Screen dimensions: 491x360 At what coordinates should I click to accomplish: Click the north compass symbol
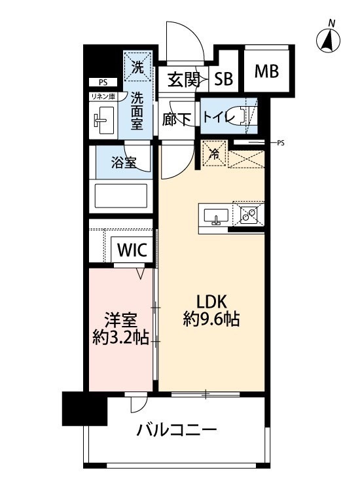pyautogui.click(x=329, y=41)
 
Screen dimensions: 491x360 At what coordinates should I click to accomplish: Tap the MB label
pyautogui.click(x=266, y=71)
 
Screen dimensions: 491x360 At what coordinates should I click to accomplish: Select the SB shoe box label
pyautogui.click(x=224, y=80)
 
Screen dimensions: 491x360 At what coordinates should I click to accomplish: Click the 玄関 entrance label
pyautogui.click(x=183, y=80)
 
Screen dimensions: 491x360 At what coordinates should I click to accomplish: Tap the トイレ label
pyautogui.click(x=216, y=118)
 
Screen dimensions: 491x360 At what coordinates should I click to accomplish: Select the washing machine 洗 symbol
pyautogui.click(x=138, y=66)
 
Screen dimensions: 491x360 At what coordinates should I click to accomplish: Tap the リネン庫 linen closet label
pyautogui.click(x=103, y=97)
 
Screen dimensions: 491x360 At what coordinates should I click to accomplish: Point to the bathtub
pyautogui.click(x=122, y=196)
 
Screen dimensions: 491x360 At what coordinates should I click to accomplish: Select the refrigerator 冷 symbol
pyautogui.click(x=213, y=155)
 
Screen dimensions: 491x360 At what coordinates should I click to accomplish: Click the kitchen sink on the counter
pyautogui.click(x=215, y=215)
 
